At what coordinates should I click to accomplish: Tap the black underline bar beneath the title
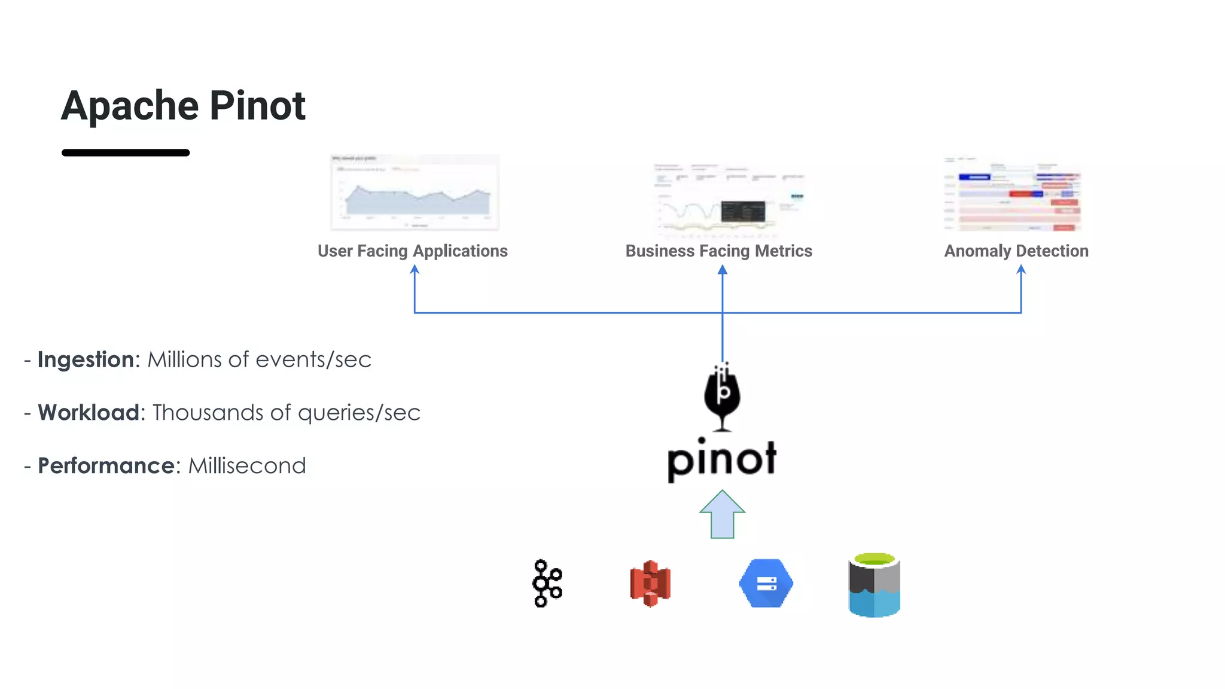click(x=126, y=153)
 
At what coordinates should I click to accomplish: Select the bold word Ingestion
click(x=86, y=359)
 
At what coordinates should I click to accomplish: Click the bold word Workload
click(x=89, y=413)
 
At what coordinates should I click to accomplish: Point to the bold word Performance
click(x=106, y=466)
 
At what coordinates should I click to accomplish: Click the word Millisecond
click(x=247, y=466)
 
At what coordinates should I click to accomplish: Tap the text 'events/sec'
click(x=313, y=359)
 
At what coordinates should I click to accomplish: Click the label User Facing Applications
click(x=413, y=251)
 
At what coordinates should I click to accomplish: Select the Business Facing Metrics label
click(x=718, y=251)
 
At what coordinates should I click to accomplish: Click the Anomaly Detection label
click(x=1016, y=251)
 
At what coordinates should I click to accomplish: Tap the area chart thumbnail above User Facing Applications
click(x=415, y=193)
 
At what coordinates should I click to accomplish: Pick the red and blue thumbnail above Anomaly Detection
click(x=1013, y=195)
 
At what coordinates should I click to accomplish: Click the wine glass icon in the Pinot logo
click(x=722, y=396)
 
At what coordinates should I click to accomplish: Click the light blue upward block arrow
click(x=722, y=516)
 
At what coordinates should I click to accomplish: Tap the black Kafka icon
click(x=547, y=583)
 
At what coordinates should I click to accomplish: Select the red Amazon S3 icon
click(x=650, y=583)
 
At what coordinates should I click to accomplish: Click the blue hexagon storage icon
click(x=766, y=583)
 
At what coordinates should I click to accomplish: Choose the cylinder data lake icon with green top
click(x=874, y=585)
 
